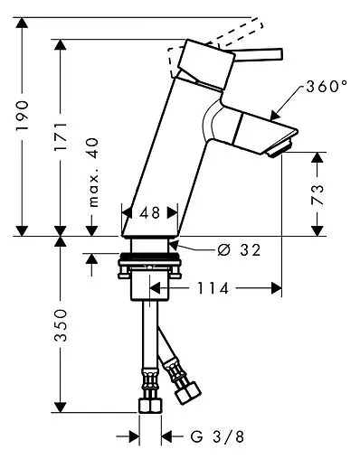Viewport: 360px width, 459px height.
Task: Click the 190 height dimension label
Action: pos(23,116)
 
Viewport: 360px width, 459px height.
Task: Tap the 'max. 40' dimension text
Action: pos(94,173)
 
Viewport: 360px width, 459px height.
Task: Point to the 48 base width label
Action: pos(150,213)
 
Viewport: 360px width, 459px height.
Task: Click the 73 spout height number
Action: pos(317,194)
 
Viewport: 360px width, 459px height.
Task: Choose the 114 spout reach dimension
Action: pos(213,288)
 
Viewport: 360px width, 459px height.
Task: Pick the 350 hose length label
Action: pos(61,324)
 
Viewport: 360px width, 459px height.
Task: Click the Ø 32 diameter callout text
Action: pos(239,249)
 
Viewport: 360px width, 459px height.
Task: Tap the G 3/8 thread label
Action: pos(217,436)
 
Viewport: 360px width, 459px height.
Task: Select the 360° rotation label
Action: pos(327,87)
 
